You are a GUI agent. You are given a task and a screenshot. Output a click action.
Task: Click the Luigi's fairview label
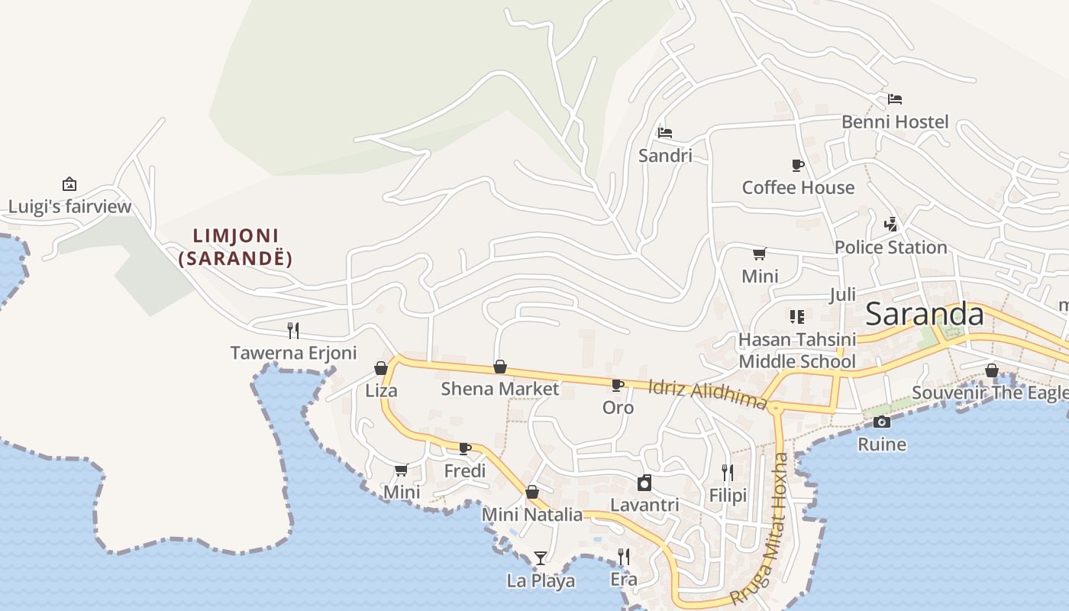[69, 206]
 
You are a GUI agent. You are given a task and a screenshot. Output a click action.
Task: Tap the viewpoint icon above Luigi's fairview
[69, 184]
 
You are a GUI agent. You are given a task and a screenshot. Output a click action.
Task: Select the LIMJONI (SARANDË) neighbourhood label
[235, 247]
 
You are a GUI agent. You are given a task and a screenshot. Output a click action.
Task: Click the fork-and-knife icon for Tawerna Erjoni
[293, 330]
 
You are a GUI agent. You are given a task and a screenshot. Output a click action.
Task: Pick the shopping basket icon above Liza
[381, 368]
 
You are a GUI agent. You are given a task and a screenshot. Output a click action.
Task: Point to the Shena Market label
[500, 389]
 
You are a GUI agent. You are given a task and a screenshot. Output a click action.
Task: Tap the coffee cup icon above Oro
[618, 385]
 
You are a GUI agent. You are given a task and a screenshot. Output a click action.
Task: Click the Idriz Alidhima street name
[707, 393]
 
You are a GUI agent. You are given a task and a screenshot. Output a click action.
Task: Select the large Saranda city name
[925, 314]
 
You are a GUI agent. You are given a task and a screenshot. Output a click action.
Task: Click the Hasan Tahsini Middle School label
[797, 350]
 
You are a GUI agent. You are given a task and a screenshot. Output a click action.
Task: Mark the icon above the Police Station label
[890, 225]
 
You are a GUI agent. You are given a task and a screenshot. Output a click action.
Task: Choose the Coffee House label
[798, 187]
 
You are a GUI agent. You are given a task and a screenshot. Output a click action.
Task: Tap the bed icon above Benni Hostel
[895, 99]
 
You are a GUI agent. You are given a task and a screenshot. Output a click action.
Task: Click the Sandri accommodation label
[665, 156]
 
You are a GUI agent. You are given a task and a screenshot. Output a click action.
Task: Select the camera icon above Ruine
[882, 422]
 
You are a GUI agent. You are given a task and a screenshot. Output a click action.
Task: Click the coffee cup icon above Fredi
[465, 448]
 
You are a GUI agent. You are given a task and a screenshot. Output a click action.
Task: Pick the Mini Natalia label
[532, 515]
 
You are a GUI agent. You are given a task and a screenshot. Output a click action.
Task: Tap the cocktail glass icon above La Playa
[541, 558]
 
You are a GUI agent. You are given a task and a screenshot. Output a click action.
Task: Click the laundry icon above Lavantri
[644, 483]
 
